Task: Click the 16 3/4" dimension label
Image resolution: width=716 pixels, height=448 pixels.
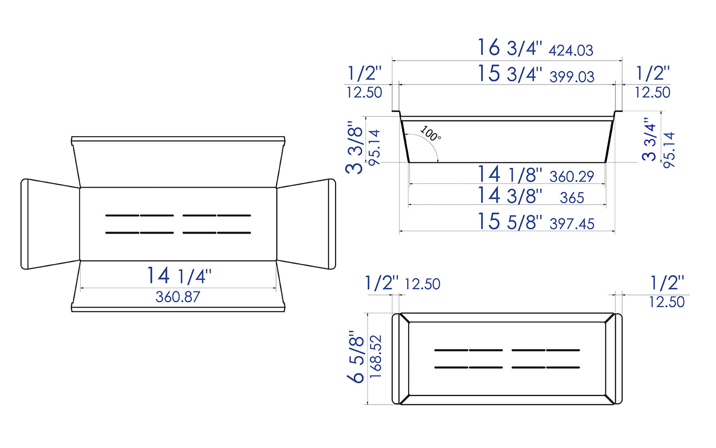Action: click(510, 48)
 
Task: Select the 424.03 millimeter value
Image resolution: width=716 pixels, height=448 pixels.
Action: click(571, 50)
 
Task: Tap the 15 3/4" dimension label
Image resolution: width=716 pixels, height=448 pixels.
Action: click(510, 74)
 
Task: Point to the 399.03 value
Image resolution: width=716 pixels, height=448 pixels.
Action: click(572, 76)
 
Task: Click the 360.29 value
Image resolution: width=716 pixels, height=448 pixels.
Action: click(571, 177)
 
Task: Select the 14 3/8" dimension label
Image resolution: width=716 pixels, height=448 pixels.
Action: click(510, 196)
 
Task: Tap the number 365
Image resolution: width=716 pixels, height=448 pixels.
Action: click(571, 198)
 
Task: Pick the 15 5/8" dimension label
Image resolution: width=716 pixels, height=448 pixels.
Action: click(510, 222)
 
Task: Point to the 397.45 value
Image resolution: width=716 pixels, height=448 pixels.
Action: click(572, 224)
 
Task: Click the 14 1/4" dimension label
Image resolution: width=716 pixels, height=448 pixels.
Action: click(179, 276)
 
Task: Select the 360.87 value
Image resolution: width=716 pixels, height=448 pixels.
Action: click(178, 297)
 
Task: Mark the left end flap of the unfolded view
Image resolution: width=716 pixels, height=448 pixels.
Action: click(50, 224)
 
